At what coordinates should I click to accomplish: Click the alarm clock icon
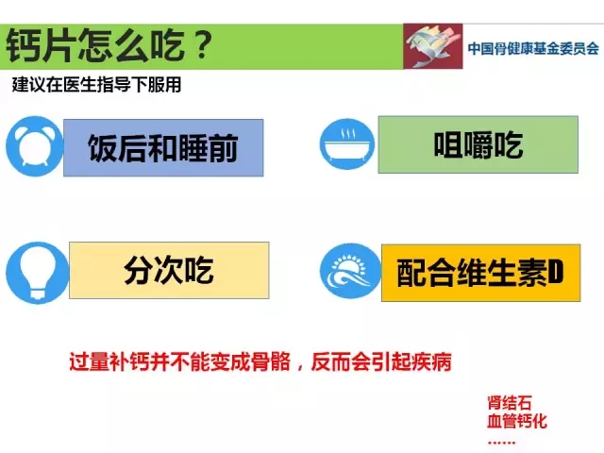34,146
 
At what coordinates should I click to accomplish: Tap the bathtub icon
347,144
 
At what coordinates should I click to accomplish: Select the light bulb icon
38,273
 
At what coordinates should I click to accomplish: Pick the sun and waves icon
350,271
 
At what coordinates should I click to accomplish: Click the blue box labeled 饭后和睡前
163,148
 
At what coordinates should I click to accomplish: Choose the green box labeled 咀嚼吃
478,144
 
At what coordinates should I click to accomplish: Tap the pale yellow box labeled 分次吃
169,270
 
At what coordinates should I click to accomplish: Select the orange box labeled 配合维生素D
480,273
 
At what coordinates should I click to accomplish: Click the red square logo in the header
433,46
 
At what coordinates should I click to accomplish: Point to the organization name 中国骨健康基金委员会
533,48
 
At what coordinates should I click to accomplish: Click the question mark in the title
201,45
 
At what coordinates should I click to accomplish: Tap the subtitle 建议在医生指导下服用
96,85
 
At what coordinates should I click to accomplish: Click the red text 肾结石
510,403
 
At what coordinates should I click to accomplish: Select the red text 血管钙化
517,421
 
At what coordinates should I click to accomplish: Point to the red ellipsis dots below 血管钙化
501,443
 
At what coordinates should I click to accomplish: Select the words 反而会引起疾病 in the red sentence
381,362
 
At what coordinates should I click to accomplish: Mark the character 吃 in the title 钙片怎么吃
169,45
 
